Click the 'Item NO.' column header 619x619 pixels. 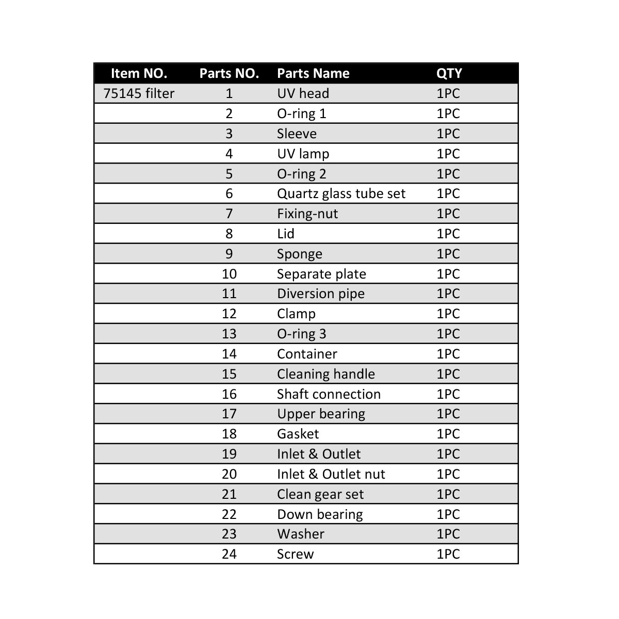pyautogui.click(x=139, y=73)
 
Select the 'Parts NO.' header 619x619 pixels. pyautogui.click(x=229, y=73)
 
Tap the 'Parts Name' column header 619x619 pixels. pyautogui.click(x=313, y=73)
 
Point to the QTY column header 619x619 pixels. pyautogui.click(x=449, y=73)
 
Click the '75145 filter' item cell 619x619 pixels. pyautogui.click(x=139, y=93)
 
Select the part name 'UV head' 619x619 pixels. pyautogui.click(x=303, y=93)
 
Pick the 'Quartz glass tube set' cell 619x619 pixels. pyautogui.click(x=341, y=193)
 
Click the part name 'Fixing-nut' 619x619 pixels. pyautogui.click(x=307, y=214)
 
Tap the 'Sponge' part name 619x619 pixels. pyautogui.click(x=299, y=254)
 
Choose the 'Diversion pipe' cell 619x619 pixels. pyautogui.click(x=320, y=294)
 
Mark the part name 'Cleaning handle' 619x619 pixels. pyautogui.click(x=325, y=374)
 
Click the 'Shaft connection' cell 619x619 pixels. pyautogui.click(x=329, y=394)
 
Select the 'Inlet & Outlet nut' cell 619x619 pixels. pyautogui.click(x=331, y=474)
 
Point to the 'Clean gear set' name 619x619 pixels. pyautogui.click(x=320, y=494)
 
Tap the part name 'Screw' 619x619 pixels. pyautogui.click(x=295, y=554)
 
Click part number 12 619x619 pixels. pyautogui.click(x=229, y=314)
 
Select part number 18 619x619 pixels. pyautogui.click(x=229, y=434)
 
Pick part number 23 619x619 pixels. pyautogui.click(x=229, y=534)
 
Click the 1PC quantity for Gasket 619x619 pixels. pyautogui.click(x=448, y=434)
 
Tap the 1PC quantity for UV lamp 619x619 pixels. pyautogui.click(x=448, y=154)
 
